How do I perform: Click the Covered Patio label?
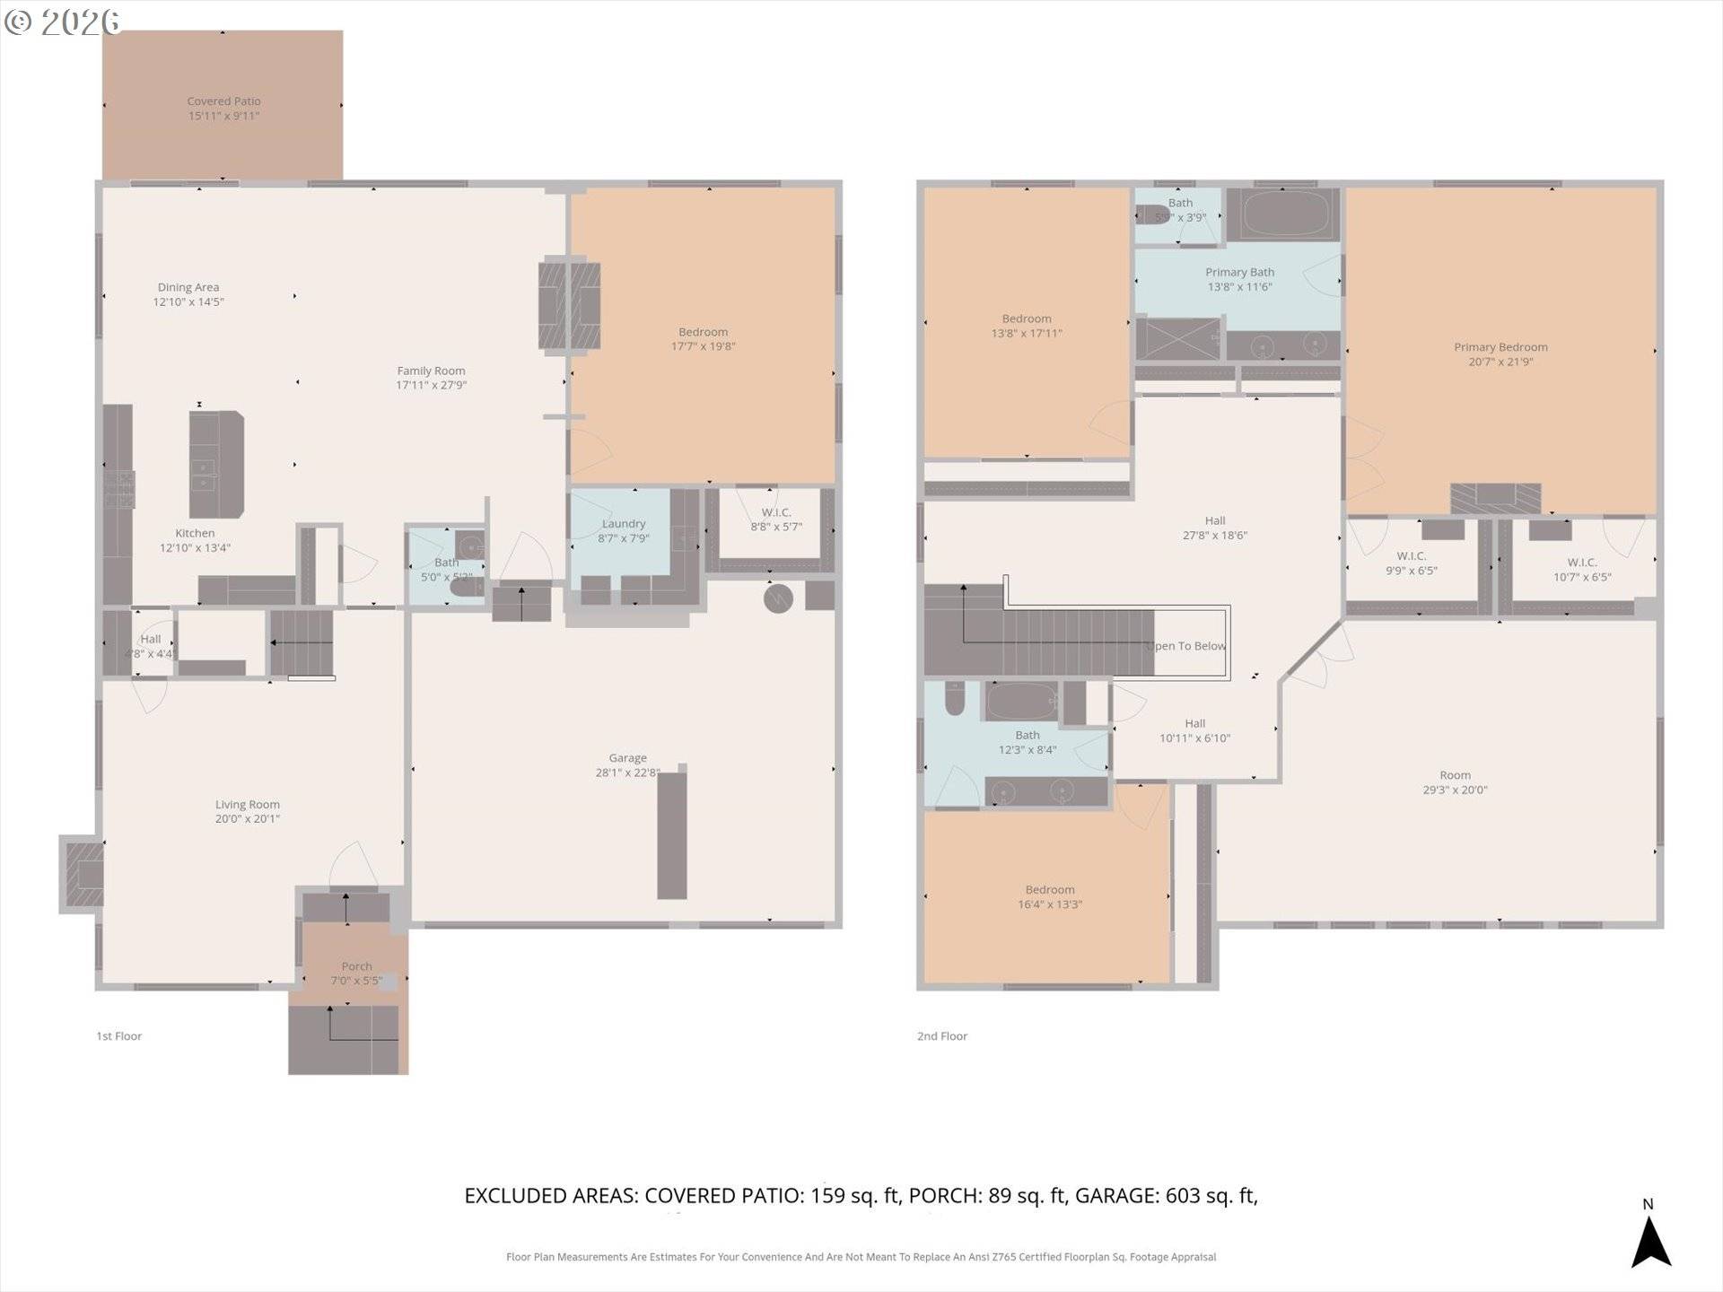[223, 101]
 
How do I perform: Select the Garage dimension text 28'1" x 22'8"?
[627, 773]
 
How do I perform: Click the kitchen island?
[216, 465]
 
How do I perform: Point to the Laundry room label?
[623, 524]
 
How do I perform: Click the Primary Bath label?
[1239, 272]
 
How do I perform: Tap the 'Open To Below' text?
[1186, 646]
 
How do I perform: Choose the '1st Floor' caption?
[119, 1036]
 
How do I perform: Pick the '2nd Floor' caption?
[942, 1036]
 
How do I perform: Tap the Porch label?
[356, 966]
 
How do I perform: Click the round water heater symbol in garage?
[778, 598]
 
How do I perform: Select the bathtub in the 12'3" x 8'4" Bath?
[1020, 702]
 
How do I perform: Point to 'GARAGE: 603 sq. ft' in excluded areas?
[1165, 1196]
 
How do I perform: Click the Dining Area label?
[188, 287]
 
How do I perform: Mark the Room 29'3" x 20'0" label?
[1455, 775]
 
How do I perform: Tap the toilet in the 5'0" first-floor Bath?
[467, 588]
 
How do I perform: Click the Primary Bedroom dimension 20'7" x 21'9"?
[1500, 362]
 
